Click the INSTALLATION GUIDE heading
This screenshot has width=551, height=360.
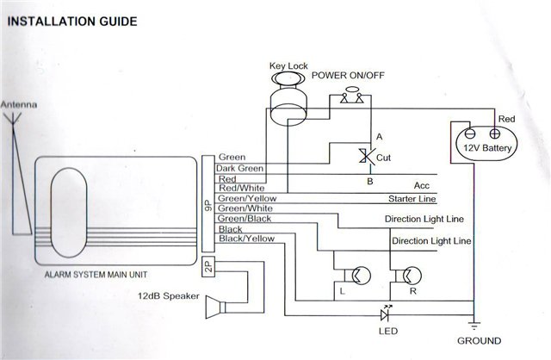[72, 22]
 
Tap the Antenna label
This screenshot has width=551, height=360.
[19, 105]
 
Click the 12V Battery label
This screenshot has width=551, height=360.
[487, 148]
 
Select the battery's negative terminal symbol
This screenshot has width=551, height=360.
[470, 134]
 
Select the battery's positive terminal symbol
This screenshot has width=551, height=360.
[494, 133]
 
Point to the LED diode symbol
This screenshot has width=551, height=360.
[386, 314]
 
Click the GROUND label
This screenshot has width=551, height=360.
[479, 341]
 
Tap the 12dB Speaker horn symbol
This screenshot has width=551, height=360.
[215, 307]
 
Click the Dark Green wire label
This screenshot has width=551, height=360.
[239, 169]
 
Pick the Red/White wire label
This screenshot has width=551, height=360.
[241, 188]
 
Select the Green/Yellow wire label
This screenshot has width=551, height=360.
[247, 198]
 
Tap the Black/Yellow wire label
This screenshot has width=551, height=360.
[246, 239]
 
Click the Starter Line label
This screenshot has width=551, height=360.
[412, 199]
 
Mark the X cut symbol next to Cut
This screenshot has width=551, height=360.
[366, 156]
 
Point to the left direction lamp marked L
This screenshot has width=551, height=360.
[357, 276]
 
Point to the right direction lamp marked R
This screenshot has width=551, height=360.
[409, 276]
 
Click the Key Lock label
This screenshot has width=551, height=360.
[288, 66]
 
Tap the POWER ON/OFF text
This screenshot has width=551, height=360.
[348, 75]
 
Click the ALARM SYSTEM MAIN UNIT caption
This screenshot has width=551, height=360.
[96, 275]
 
